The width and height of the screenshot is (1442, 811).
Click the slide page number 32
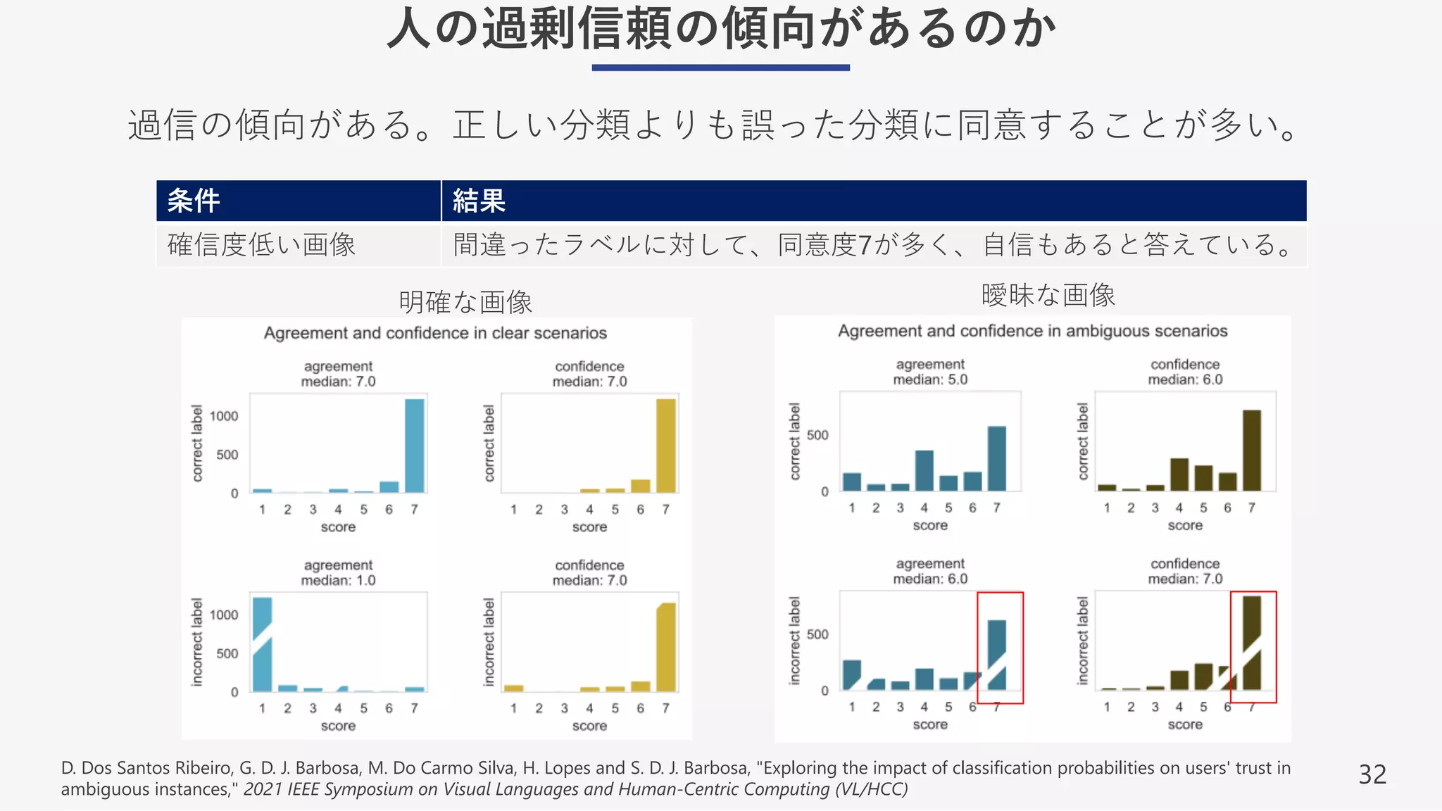[x=1372, y=774]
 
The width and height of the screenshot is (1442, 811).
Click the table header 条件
[x=194, y=201]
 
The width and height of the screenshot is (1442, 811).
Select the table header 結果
[x=479, y=201]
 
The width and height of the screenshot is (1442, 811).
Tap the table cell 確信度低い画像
[x=261, y=245]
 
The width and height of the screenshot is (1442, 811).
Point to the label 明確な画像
[x=465, y=302]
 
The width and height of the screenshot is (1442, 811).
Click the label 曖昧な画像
[x=1048, y=295]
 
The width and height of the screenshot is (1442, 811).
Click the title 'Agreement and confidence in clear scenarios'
[x=435, y=333]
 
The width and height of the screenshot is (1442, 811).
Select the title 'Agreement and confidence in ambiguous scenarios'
[x=1032, y=331]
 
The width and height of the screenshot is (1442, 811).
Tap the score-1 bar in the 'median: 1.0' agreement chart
[x=262, y=644]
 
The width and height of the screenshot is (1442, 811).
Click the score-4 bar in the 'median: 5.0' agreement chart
[x=924, y=470]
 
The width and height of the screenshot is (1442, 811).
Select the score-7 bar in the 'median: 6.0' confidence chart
[x=1251, y=451]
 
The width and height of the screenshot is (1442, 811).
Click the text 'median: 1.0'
[x=338, y=581]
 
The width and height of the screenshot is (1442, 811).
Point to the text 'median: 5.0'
[x=930, y=380]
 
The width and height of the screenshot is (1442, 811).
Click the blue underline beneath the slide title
[x=720, y=68]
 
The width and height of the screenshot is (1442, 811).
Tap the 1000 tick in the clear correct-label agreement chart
[x=224, y=416]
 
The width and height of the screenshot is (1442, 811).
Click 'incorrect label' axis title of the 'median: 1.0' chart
[x=197, y=642]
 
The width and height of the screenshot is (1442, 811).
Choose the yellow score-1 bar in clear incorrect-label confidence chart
[x=514, y=688]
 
